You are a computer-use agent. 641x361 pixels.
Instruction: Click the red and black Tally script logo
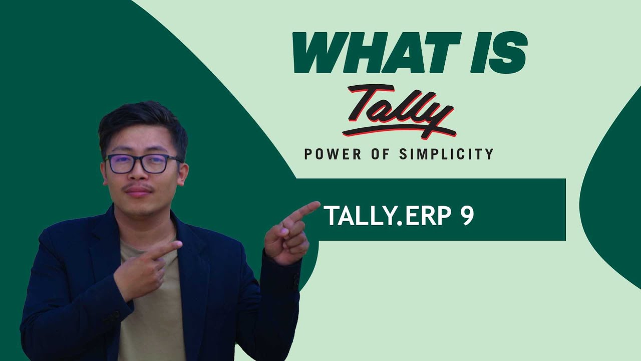pyautogui.click(x=398, y=111)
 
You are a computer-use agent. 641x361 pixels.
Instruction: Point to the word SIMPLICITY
pyautogui.click(x=446, y=154)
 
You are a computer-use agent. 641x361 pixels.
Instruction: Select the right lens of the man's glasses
pyautogui.click(x=155, y=163)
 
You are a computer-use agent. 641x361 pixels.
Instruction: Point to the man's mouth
pyautogui.click(x=140, y=193)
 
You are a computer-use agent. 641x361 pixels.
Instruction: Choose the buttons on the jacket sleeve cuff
pyautogui.click(x=296, y=281)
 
